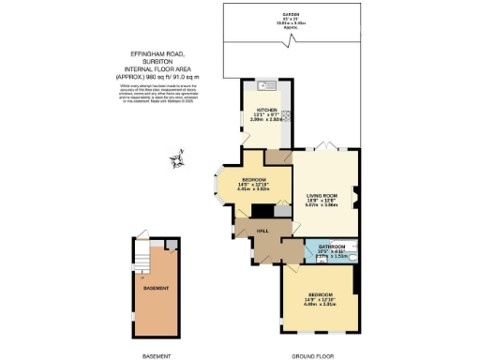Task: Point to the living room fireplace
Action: coord(356,198)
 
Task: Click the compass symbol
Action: coord(175,162)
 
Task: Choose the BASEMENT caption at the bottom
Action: coord(156,355)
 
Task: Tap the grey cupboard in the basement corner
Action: coord(171,245)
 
